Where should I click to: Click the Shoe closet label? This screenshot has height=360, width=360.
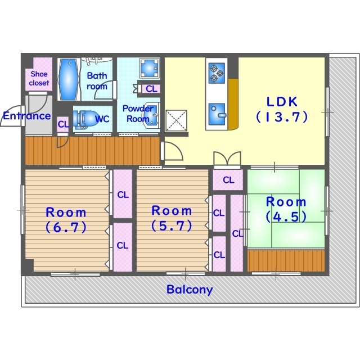click(x=39, y=78)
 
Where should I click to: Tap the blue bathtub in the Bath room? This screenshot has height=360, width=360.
click(x=69, y=79)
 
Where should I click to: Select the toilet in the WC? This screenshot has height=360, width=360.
click(x=85, y=119)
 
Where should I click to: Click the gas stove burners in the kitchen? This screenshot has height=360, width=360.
click(x=217, y=73)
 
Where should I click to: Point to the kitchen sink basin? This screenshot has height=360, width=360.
click(x=217, y=114)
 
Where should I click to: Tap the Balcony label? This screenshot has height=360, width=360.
click(x=190, y=289)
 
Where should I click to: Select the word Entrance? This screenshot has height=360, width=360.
click(x=26, y=116)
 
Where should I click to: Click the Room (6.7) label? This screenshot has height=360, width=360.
click(x=66, y=220)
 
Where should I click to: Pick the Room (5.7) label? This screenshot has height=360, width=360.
click(x=172, y=218)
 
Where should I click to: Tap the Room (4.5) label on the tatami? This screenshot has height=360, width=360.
click(x=286, y=209)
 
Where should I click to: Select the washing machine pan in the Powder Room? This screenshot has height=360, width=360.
click(x=150, y=68)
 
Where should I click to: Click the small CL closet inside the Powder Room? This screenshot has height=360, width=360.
click(x=151, y=89)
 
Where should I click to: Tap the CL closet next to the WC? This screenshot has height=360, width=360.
click(x=63, y=124)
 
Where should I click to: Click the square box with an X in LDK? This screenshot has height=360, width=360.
click(x=176, y=120)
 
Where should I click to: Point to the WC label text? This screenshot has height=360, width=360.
click(x=102, y=119)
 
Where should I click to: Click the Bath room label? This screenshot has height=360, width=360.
click(x=97, y=81)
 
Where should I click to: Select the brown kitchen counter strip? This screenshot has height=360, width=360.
click(x=233, y=105)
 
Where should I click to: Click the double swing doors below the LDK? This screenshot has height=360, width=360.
click(x=227, y=159)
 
